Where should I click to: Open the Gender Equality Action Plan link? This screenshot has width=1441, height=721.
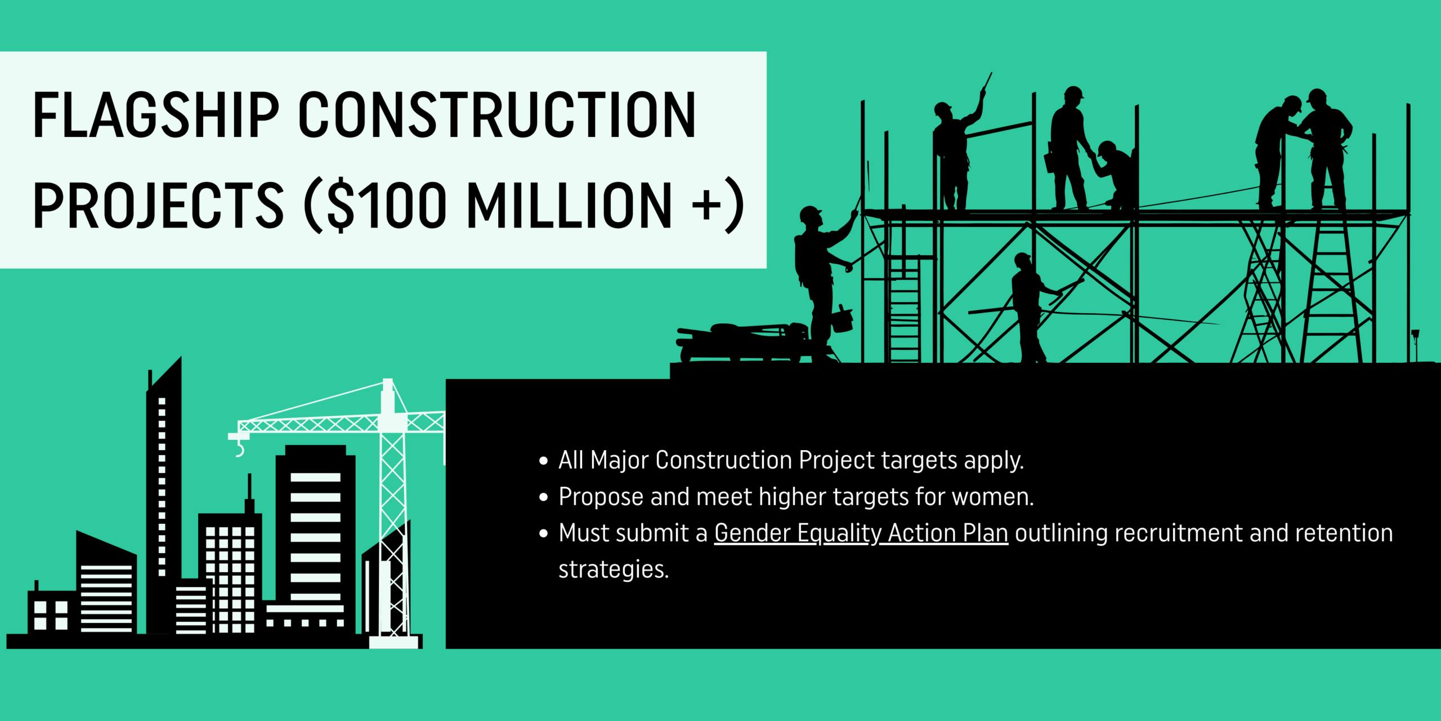pos(861,533)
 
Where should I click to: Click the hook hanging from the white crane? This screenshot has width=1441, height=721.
pos(240,448)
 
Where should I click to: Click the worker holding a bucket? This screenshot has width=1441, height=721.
pos(822,276)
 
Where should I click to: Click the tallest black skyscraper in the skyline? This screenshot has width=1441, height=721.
pos(164,496)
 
